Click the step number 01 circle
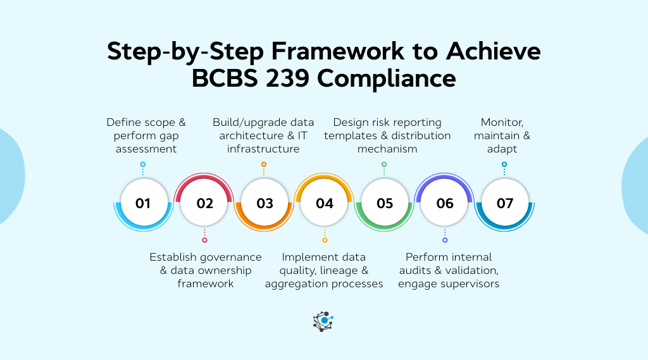pos(143,203)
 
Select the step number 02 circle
pos(204,203)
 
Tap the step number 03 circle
pos(265,203)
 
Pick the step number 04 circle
pos(325,203)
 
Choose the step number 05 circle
pos(385,203)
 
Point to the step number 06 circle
pos(445,203)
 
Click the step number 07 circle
pos(505,203)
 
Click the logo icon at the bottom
pos(323,321)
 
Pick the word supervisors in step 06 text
pos(470,283)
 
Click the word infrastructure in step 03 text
pos(264,149)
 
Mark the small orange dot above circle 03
pos(264,164)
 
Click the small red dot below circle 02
pos(204,240)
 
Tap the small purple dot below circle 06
pos(445,240)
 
